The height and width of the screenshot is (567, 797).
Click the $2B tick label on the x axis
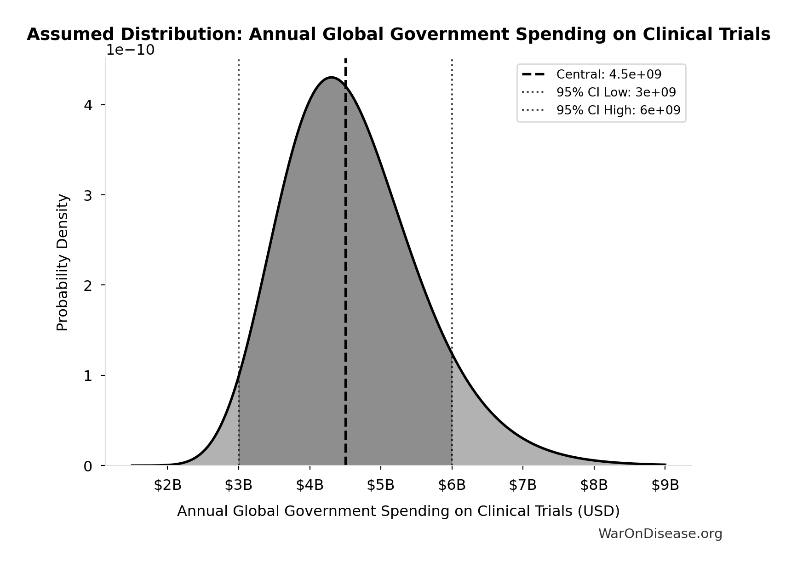click(x=167, y=485)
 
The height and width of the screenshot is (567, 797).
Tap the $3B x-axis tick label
click(x=239, y=485)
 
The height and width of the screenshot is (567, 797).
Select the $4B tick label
click(x=310, y=485)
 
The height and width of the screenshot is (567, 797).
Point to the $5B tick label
click(x=381, y=485)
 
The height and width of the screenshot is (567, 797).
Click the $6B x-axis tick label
click(x=452, y=485)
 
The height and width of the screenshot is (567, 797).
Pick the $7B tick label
click(x=523, y=485)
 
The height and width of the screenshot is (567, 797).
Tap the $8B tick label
click(x=594, y=485)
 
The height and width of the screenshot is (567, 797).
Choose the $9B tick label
click(x=665, y=485)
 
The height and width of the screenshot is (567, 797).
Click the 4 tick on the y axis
click(x=88, y=105)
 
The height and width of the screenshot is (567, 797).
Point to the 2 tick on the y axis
click(x=88, y=286)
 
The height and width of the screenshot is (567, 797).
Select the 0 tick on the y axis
click(x=88, y=466)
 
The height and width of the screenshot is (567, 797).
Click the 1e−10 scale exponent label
click(x=131, y=51)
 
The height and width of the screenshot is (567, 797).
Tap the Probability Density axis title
click(x=63, y=263)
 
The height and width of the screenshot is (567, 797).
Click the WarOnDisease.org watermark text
click(x=660, y=534)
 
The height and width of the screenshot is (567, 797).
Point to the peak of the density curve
click(x=331, y=77)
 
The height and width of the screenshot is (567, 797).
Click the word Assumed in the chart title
click(x=70, y=34)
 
